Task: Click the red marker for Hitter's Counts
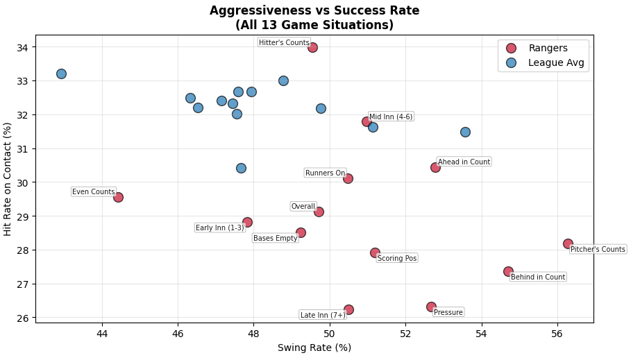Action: coord(312,47)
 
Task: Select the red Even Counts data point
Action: coord(118,197)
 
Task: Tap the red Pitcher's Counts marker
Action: coord(568,243)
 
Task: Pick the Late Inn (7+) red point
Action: coord(348,309)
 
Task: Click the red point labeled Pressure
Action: coord(431,307)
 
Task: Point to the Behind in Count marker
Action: coord(508,272)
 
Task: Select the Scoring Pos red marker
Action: coord(375,252)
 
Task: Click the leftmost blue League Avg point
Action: coord(61,74)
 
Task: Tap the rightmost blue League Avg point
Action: coord(465,132)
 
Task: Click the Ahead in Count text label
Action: coord(464,162)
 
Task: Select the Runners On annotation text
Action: coord(325,173)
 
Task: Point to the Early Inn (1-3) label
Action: coord(219,228)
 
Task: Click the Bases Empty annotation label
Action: coord(275,238)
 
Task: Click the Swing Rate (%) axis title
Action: coord(314,348)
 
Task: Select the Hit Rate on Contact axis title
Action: coord(8,179)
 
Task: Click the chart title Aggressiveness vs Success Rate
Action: coord(314,10)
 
